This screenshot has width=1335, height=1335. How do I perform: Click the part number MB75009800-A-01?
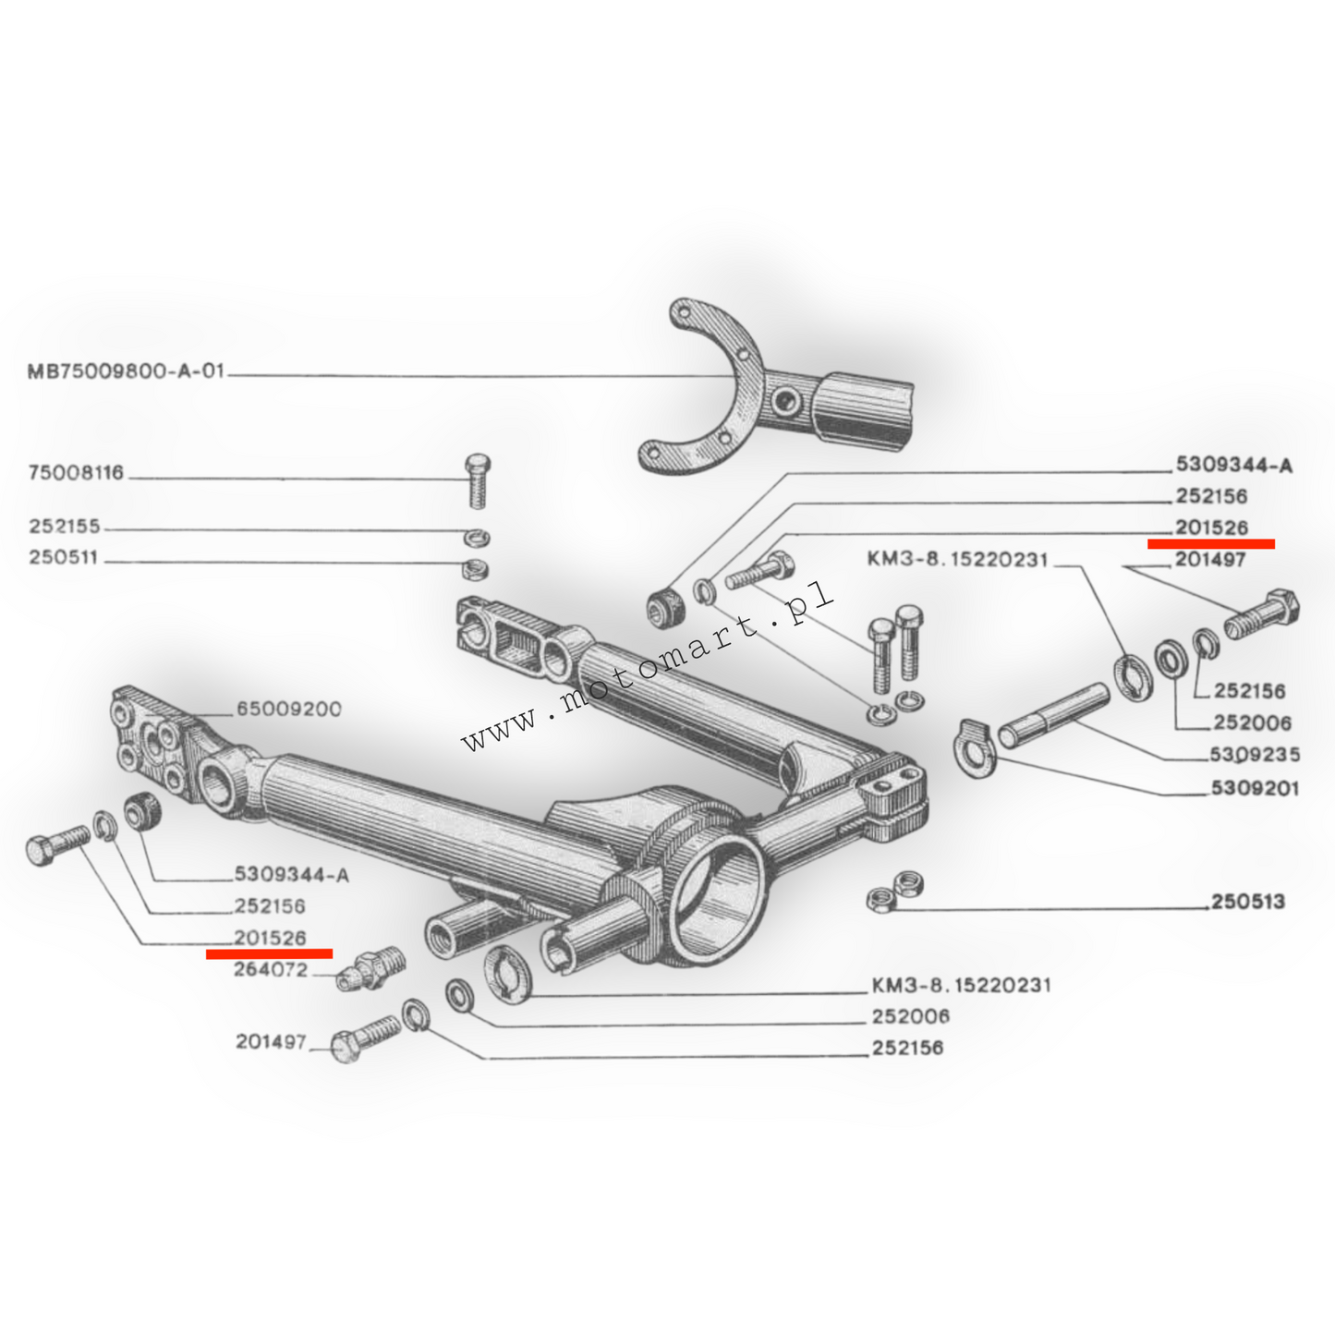pyautogui.click(x=126, y=372)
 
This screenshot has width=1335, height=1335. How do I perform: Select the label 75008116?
pyautogui.click(x=76, y=473)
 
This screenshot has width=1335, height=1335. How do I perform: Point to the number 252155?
pyautogui.click(x=65, y=527)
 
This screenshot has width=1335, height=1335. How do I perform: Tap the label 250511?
pyautogui.click(x=63, y=558)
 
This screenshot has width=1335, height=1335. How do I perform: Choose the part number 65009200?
pyautogui.click(x=288, y=709)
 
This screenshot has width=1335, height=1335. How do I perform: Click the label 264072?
pyautogui.click(x=271, y=970)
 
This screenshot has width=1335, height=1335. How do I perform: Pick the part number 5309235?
pyautogui.click(x=1254, y=755)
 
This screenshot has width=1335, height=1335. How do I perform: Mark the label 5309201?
pyautogui.click(x=1254, y=788)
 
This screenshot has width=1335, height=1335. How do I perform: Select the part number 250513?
pyautogui.click(x=1247, y=901)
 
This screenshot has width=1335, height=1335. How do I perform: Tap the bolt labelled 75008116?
pyautogui.click(x=478, y=480)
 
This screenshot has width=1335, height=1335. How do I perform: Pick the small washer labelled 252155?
pyautogui.click(x=477, y=538)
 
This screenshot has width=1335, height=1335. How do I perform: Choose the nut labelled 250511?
pyautogui.click(x=476, y=568)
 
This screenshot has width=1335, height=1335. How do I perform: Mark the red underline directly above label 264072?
pyautogui.click(x=269, y=953)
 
